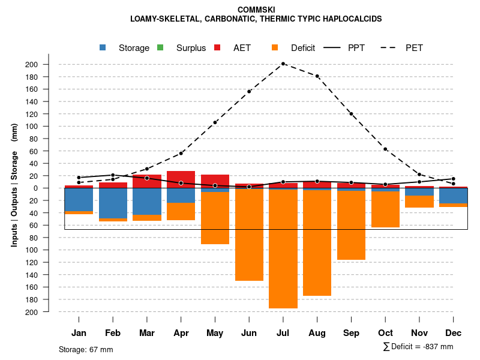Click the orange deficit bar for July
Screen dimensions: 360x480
(x=283, y=249)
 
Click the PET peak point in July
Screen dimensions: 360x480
(x=283, y=64)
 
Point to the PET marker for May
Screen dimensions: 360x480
(x=215, y=122)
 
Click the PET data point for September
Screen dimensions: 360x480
(x=351, y=113)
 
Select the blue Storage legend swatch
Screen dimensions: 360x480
(x=103, y=48)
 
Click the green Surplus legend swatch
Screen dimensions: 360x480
(x=160, y=48)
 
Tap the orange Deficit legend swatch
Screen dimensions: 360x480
(x=275, y=48)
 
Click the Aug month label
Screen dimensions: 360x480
(x=317, y=333)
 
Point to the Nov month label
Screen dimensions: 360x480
(x=419, y=333)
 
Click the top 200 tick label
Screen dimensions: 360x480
(x=48, y=65)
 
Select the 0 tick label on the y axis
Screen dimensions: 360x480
(x=52, y=188)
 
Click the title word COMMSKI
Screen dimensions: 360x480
(x=256, y=10)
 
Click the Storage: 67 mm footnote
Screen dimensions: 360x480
(x=86, y=349)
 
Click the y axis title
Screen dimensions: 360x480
(x=14, y=185)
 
